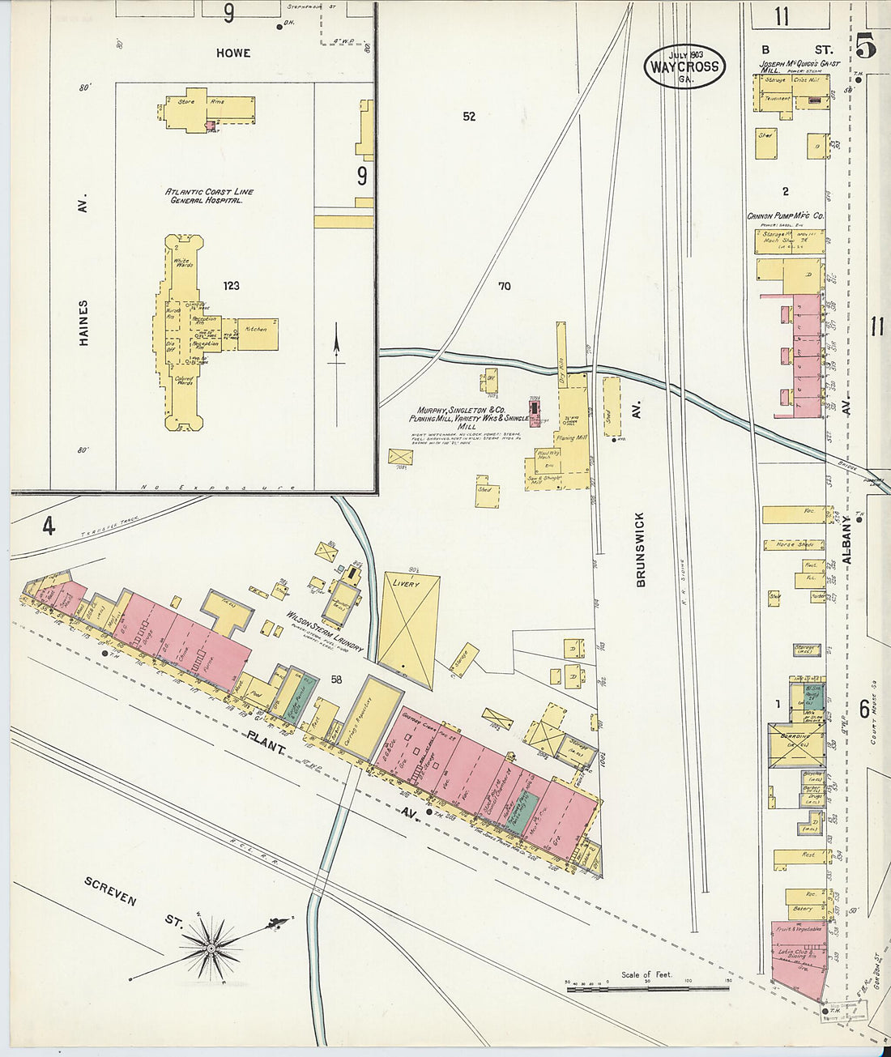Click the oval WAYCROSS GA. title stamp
[x=684, y=66]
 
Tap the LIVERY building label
[x=405, y=583]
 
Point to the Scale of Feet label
[x=646, y=975]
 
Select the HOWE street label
[x=233, y=53]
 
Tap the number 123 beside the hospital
[x=232, y=286]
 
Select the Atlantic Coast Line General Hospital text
[x=210, y=196]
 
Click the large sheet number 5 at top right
[x=865, y=46]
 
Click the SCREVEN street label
[x=110, y=890]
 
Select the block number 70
[x=505, y=286]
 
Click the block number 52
[x=469, y=117]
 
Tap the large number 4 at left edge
[x=49, y=527]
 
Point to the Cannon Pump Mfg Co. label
[x=786, y=217]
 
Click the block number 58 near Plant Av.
[x=336, y=680]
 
